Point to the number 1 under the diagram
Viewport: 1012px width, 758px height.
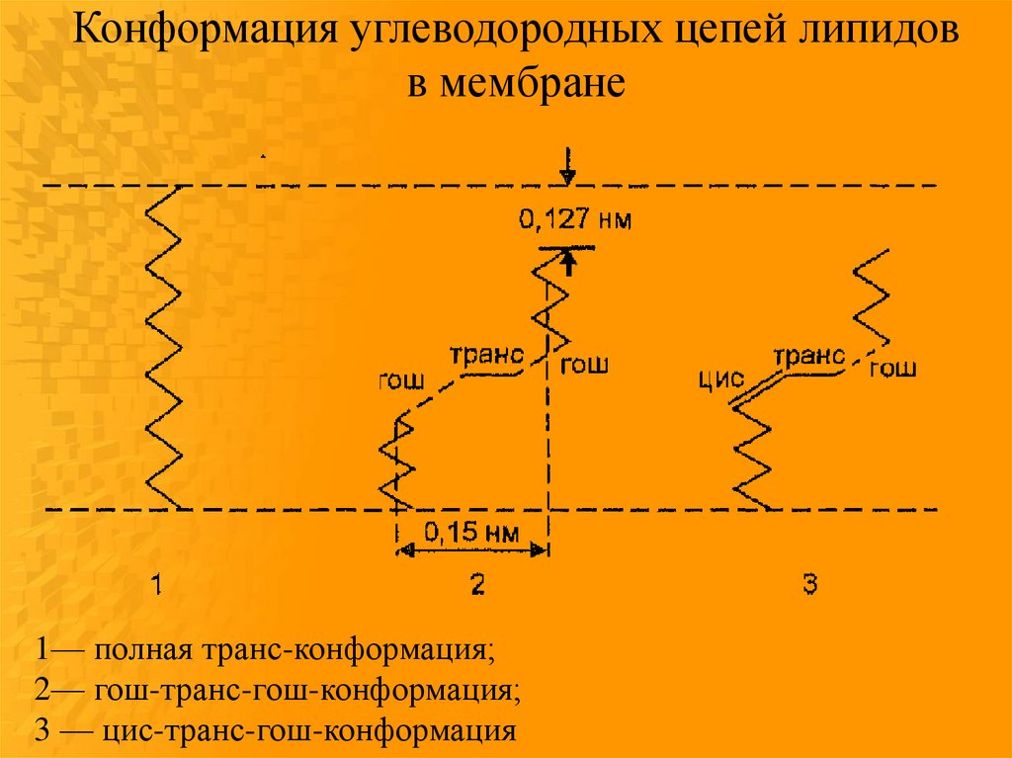click(155, 585)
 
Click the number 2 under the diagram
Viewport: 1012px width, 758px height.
click(476, 585)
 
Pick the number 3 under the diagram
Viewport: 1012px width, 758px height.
click(809, 585)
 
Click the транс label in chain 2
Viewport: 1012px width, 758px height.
click(485, 355)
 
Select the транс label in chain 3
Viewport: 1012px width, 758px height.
click(809, 355)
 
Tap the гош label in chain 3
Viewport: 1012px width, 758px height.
click(892, 368)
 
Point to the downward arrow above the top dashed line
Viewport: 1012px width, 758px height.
click(567, 167)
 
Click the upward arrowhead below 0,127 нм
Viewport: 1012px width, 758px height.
click(568, 262)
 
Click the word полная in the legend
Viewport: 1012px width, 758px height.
click(146, 651)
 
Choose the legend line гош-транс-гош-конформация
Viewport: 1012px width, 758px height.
click(306, 689)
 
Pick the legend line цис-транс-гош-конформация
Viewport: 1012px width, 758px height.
click(305, 731)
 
